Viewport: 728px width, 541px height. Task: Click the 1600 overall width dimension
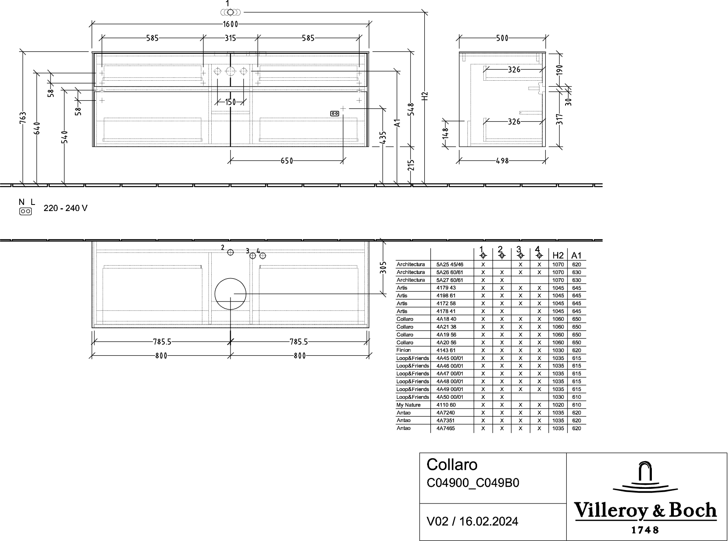coord(230,24)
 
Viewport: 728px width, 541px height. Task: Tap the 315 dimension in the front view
coord(230,38)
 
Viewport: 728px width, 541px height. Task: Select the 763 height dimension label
coord(23,118)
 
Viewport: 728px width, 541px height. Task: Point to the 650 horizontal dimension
coord(287,161)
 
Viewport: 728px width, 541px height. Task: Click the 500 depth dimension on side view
coord(502,38)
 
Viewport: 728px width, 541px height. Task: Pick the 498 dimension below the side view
coord(502,161)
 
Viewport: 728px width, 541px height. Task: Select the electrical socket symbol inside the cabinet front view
coord(335,114)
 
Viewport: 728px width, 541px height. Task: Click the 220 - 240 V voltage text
coord(65,209)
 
